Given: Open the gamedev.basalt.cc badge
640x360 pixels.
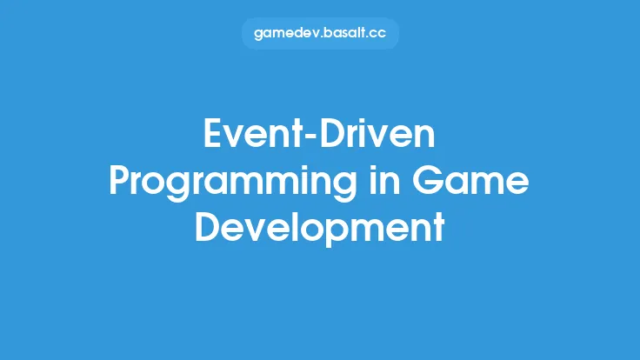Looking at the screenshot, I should point(319,34).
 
